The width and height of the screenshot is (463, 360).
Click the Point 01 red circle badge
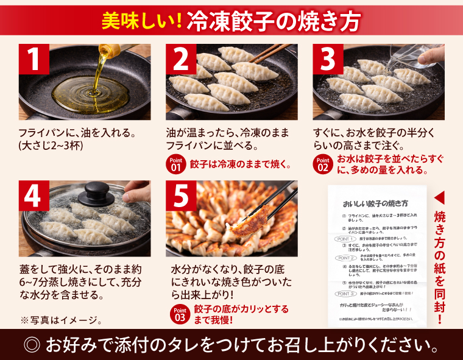click(x=175, y=164)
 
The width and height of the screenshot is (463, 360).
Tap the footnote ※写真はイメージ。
click(x=61, y=320)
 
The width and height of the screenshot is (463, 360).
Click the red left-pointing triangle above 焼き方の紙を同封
click(x=441, y=199)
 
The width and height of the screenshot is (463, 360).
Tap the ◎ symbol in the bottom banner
click(x=32, y=345)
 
